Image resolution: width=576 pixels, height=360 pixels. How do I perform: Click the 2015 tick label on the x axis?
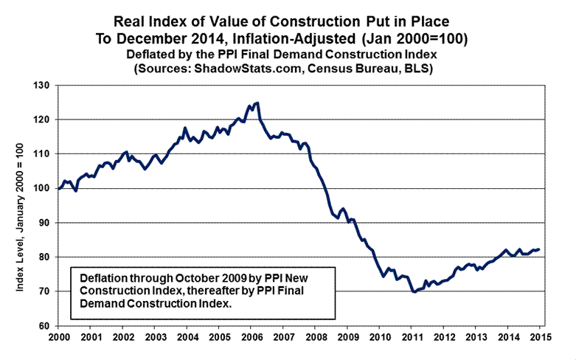point(540,337)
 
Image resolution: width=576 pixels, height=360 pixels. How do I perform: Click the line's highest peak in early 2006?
point(257,103)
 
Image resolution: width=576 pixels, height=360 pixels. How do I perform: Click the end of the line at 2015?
point(540,249)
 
